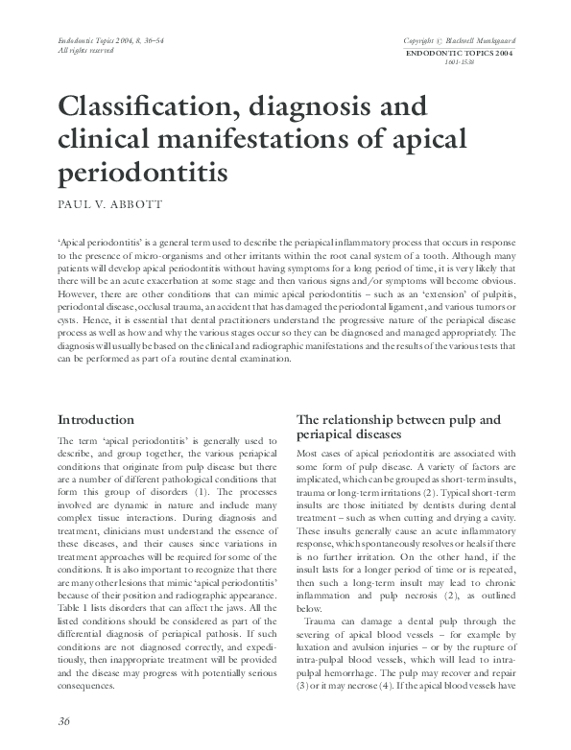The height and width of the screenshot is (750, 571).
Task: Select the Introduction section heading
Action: tap(95, 420)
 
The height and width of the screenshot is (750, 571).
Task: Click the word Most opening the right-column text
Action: tap(309, 452)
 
